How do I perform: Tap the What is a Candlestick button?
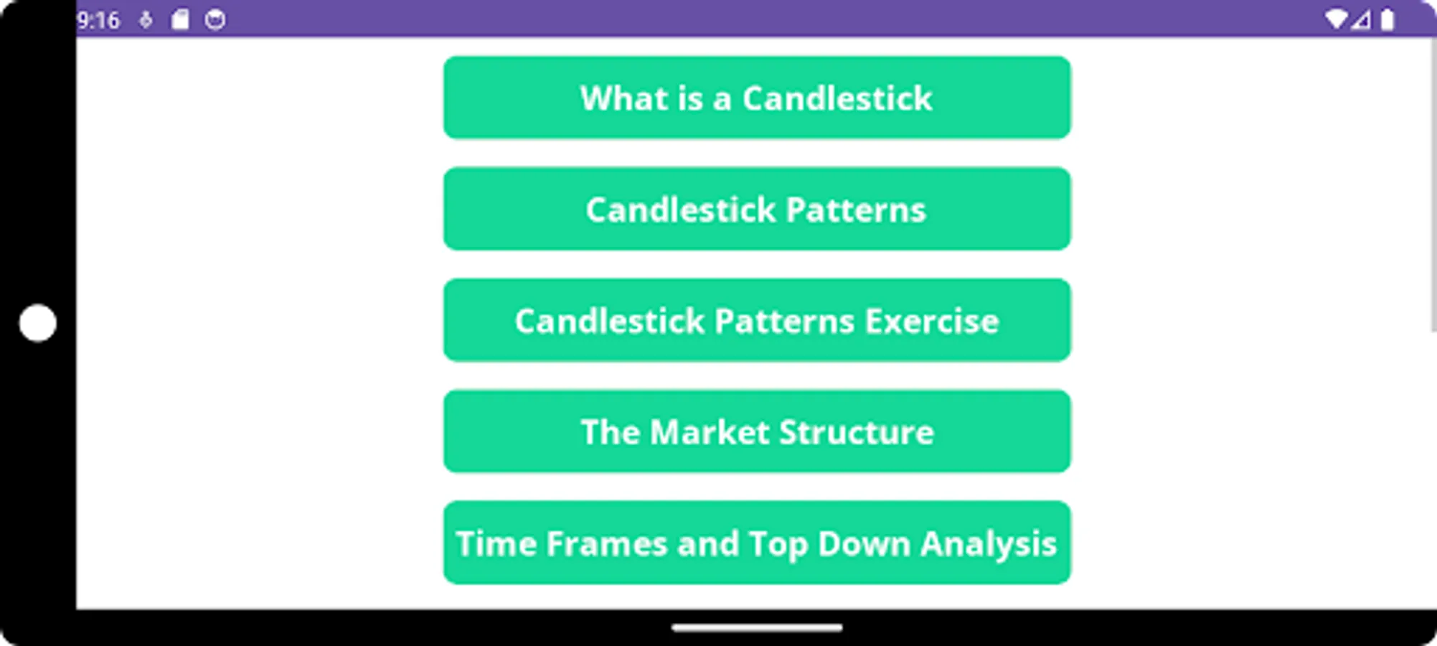756,98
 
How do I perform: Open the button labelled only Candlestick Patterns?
756,209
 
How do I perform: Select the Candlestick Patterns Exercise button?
756,320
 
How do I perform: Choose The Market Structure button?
756,431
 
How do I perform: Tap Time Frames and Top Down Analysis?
756,543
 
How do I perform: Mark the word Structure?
856,432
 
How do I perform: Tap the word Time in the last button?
496,543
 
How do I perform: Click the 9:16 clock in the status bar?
98,20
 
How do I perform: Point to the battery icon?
1387,19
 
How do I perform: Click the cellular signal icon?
1361,20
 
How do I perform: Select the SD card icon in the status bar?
180,20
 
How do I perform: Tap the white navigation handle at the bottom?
756,628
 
